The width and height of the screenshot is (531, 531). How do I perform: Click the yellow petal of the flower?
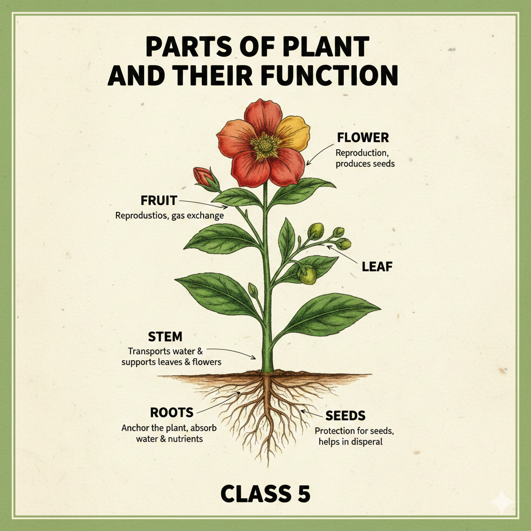point(294,132)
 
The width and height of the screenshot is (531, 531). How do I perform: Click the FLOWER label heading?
point(363,138)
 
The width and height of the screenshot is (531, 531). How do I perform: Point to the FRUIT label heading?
point(159,200)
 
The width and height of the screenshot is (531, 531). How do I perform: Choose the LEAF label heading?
point(377,267)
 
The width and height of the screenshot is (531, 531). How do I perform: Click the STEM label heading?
point(165,337)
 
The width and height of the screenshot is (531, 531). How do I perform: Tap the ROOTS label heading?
point(172,413)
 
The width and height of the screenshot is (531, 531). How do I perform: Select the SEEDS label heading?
point(346,415)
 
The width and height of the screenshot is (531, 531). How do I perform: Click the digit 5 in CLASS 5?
point(302,494)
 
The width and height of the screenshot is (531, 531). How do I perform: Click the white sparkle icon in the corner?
point(502,502)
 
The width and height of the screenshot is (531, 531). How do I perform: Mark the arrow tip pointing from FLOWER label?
point(308,164)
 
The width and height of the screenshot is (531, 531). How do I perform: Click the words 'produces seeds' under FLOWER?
point(366,164)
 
